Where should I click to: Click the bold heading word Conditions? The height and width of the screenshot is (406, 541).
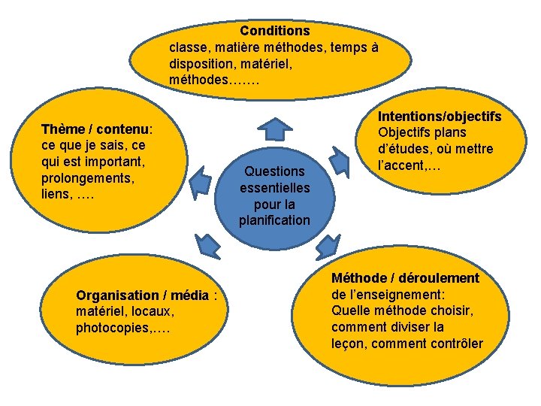pos(274,31)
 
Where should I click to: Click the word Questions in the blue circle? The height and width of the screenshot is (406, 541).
pos(274,171)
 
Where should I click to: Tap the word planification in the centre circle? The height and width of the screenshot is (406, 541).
pos(274,220)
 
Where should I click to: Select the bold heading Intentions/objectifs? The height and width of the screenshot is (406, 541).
pos(440,117)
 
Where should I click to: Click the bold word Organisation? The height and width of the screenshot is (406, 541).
pos(117,295)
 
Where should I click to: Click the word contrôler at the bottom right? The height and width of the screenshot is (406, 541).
pos(455,344)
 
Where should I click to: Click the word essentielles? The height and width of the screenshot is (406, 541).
pos(274,188)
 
